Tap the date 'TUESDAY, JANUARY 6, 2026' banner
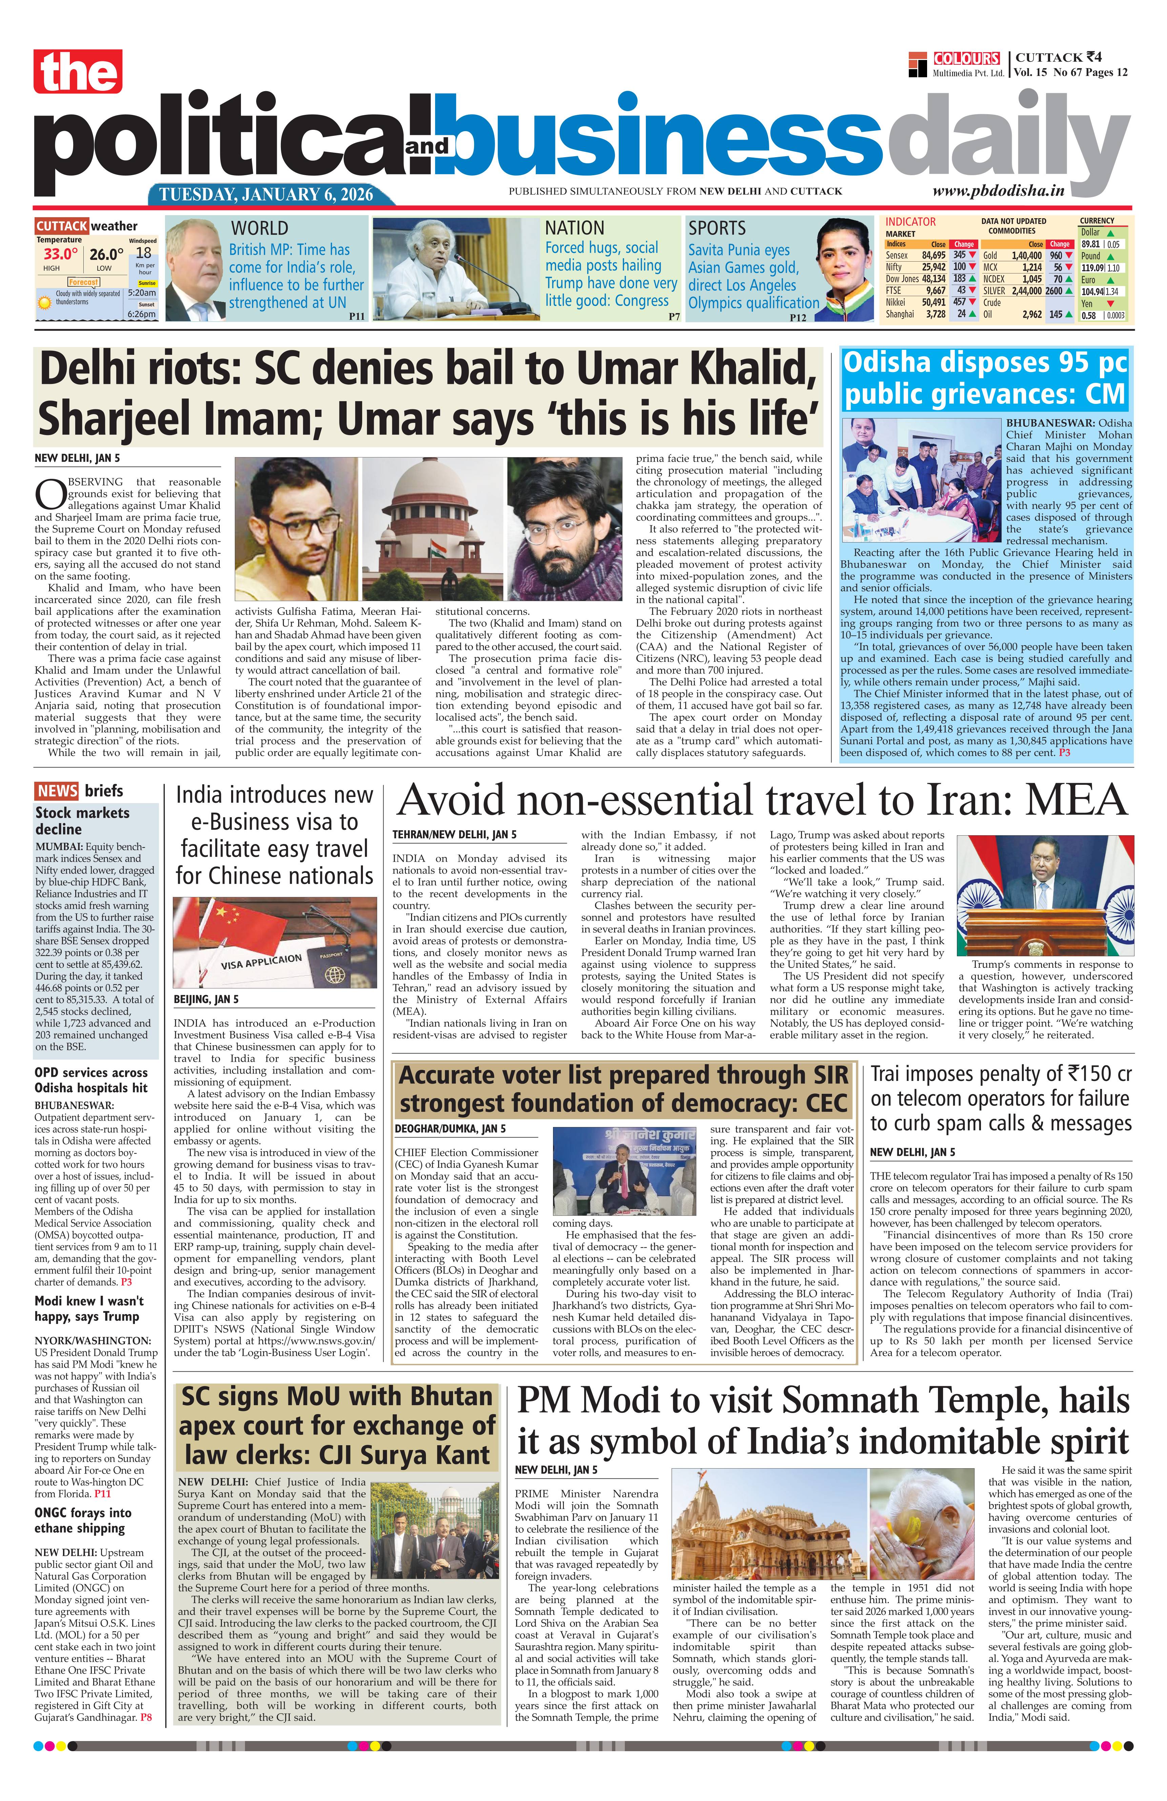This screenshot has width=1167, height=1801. click(266, 195)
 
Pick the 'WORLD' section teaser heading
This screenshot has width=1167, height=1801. click(259, 228)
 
